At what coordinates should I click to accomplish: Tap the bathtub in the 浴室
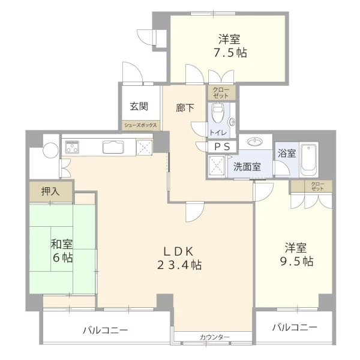(x=308, y=160)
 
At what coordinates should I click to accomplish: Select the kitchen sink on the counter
(x=113, y=147)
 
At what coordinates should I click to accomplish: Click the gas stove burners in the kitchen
(x=72, y=147)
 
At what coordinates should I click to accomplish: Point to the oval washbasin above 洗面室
(x=255, y=141)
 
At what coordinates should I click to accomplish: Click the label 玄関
(x=139, y=106)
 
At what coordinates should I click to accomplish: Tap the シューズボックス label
(x=140, y=125)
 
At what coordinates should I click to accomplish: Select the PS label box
(x=222, y=147)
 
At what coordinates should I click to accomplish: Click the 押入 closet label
(x=50, y=191)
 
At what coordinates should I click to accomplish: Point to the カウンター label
(x=215, y=337)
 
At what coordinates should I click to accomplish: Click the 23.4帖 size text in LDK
(x=179, y=265)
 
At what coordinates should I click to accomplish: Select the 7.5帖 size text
(x=230, y=53)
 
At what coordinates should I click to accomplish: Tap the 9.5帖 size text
(x=296, y=261)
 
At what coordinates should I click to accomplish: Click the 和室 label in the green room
(x=62, y=244)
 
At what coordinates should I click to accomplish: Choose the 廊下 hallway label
(x=185, y=108)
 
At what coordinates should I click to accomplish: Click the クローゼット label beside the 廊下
(x=221, y=93)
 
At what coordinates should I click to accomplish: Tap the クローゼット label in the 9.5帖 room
(x=318, y=187)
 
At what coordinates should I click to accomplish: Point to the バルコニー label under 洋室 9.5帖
(x=295, y=327)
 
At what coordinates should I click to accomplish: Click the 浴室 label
(x=287, y=153)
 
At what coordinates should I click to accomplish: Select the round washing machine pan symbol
(x=51, y=150)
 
